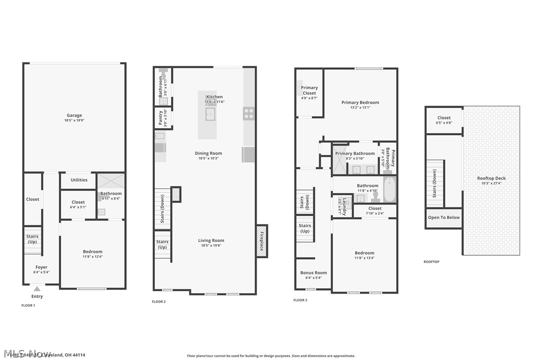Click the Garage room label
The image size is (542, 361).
(74, 116)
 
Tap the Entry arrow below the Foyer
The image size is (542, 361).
(37, 289)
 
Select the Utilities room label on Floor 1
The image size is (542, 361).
(78, 180)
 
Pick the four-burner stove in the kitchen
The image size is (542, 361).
(248, 113)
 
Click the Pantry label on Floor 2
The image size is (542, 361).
(161, 118)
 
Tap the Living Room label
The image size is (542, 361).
(211, 240)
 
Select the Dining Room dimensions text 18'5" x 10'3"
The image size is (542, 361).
(209, 159)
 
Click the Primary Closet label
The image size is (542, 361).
(309, 90)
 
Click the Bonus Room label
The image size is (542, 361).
(313, 273)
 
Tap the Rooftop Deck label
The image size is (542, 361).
(491, 178)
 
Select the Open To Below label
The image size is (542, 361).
(444, 217)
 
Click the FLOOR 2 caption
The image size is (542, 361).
(159, 302)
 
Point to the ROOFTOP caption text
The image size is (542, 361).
(431, 262)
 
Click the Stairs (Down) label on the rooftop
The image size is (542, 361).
(435, 184)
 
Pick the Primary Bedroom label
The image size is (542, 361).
(360, 102)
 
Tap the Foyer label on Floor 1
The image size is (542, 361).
(41, 267)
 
